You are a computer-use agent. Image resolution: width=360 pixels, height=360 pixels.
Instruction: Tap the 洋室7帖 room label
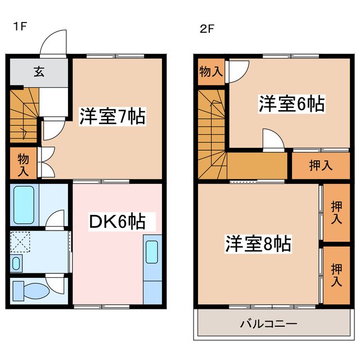[112, 117]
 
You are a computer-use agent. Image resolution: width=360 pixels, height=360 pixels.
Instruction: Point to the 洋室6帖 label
[291, 104]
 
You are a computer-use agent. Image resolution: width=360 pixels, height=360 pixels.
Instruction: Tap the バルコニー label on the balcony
[269, 325]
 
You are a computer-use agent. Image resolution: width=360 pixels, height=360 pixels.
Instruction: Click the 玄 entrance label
[39, 71]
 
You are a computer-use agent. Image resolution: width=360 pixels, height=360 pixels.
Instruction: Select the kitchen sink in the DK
[152, 252]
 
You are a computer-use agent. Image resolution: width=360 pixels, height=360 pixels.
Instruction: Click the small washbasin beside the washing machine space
[16, 263]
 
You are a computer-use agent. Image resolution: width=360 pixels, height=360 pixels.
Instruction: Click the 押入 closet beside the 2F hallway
[320, 165]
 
